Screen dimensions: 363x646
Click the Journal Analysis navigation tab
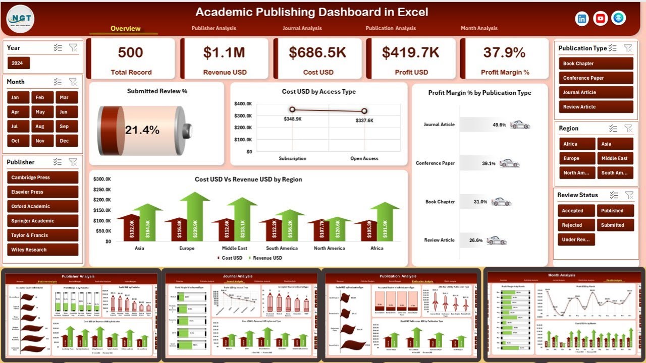point(302,28)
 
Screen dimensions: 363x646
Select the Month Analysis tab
point(479,28)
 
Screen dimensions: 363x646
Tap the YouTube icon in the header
point(600,19)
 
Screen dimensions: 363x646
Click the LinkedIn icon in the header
point(582,19)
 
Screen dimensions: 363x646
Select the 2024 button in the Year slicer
point(19,64)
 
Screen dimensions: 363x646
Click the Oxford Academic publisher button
point(42,206)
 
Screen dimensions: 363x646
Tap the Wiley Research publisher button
point(42,250)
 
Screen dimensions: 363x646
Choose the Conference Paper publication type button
point(596,78)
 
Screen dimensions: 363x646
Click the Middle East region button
point(615,158)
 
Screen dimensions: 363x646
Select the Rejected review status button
point(576,225)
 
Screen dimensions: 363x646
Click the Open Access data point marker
point(364,111)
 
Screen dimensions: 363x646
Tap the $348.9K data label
point(292,118)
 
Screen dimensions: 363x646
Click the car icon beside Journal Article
point(520,125)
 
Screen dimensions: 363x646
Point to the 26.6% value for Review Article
point(476,240)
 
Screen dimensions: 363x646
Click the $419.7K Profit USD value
point(411,52)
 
